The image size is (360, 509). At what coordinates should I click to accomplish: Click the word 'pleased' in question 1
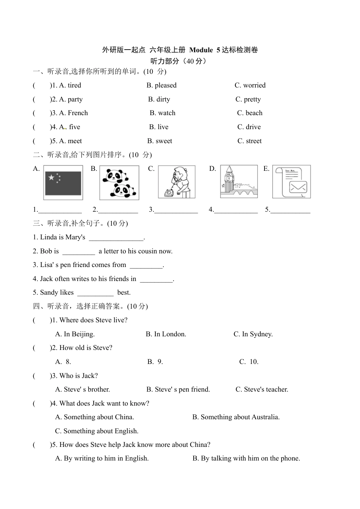166,85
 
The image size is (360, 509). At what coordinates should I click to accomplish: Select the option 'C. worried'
250,85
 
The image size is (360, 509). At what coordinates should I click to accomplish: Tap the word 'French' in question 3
78,113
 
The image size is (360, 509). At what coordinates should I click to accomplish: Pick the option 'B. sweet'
160,141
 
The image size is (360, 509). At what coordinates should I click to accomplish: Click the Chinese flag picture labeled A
63,183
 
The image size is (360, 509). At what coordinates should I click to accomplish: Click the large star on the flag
52,177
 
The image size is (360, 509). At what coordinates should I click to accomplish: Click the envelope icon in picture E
298,187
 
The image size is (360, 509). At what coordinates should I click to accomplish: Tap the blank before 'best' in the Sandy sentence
95,293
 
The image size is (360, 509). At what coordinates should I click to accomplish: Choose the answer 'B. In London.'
166,334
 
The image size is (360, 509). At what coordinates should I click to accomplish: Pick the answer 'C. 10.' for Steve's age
249,362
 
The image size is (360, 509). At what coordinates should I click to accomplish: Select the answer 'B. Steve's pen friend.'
178,389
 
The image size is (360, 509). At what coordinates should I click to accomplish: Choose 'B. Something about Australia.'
236,417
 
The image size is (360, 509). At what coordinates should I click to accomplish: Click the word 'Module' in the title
201,50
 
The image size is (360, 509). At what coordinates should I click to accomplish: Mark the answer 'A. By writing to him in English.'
102,458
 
